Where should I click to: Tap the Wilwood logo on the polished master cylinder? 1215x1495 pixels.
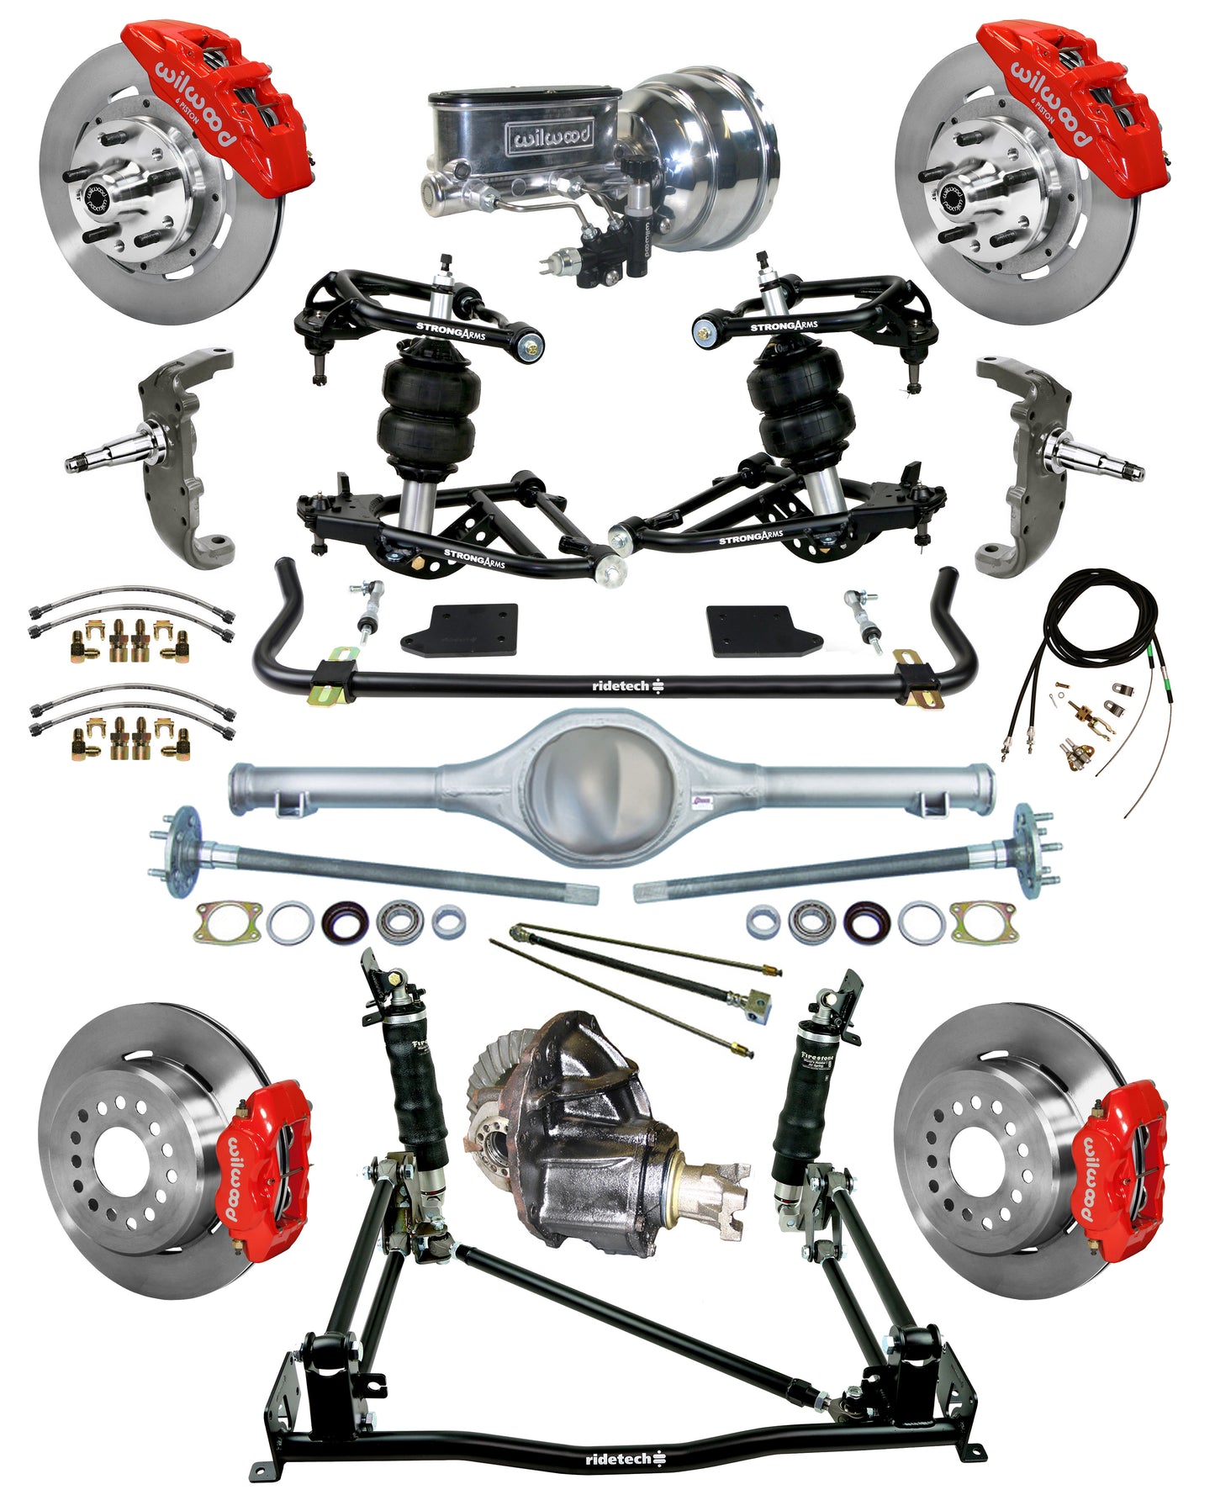coord(548,135)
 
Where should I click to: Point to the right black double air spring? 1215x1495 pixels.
coord(803,404)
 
